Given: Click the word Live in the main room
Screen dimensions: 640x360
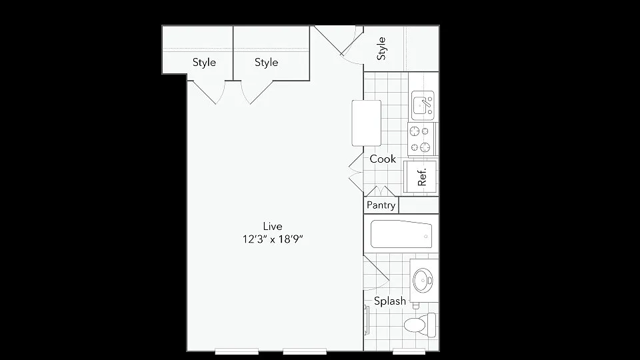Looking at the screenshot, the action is point(273,226).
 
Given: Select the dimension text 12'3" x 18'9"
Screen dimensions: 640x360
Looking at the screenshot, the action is point(273,239).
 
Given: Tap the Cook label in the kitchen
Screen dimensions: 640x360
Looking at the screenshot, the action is point(383,159).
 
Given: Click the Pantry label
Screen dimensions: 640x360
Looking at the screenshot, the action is point(381,205).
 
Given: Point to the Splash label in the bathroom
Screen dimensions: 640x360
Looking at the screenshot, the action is point(390,301).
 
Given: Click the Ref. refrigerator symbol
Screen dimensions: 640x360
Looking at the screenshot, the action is point(421,176).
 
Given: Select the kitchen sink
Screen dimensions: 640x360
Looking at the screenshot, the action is point(423,105).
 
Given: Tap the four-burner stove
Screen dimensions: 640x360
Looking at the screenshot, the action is point(421,139).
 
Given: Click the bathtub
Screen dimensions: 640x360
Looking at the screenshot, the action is point(401,234).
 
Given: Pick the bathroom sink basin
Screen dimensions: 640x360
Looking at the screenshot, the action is point(423,281).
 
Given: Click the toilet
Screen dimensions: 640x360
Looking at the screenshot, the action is point(420,325).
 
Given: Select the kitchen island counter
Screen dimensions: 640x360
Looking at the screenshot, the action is point(367,123).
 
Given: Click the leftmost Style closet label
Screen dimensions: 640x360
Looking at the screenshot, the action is point(204,62).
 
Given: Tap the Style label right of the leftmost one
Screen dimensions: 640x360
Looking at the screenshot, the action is point(266,62).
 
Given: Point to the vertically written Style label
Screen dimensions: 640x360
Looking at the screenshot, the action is point(381,49).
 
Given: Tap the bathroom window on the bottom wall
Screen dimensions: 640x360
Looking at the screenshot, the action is point(409,351).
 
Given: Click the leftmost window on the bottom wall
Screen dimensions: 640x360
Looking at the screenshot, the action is point(237,351).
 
